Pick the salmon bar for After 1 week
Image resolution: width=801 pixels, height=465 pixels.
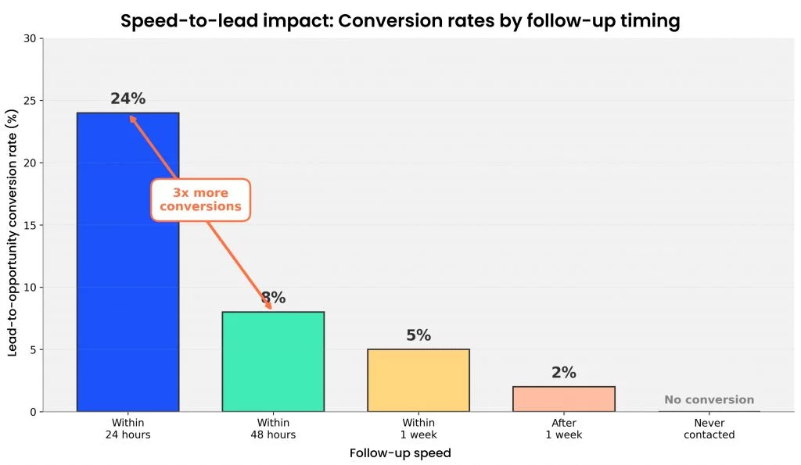point(563,399)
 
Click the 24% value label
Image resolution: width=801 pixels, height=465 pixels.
point(128,99)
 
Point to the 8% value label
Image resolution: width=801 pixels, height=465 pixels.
point(273,298)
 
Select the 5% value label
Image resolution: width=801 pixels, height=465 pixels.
point(418,335)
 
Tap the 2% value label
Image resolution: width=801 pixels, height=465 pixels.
point(563,373)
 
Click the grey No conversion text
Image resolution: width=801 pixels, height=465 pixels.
point(709,400)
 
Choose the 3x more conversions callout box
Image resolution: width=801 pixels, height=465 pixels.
point(200,199)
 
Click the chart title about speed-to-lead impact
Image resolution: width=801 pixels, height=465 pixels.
point(400,21)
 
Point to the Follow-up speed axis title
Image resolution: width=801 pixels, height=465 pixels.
point(400,453)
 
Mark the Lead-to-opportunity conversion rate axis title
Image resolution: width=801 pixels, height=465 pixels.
point(13,233)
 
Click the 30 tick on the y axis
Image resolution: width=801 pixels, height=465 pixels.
point(30,39)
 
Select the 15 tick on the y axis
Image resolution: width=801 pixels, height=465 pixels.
point(30,226)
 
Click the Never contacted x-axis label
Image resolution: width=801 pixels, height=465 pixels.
point(709,429)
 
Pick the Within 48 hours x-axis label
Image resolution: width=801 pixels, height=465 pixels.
point(273,429)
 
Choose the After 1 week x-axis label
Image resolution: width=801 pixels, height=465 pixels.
point(563,429)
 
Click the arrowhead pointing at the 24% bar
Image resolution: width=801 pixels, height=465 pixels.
point(133,119)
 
